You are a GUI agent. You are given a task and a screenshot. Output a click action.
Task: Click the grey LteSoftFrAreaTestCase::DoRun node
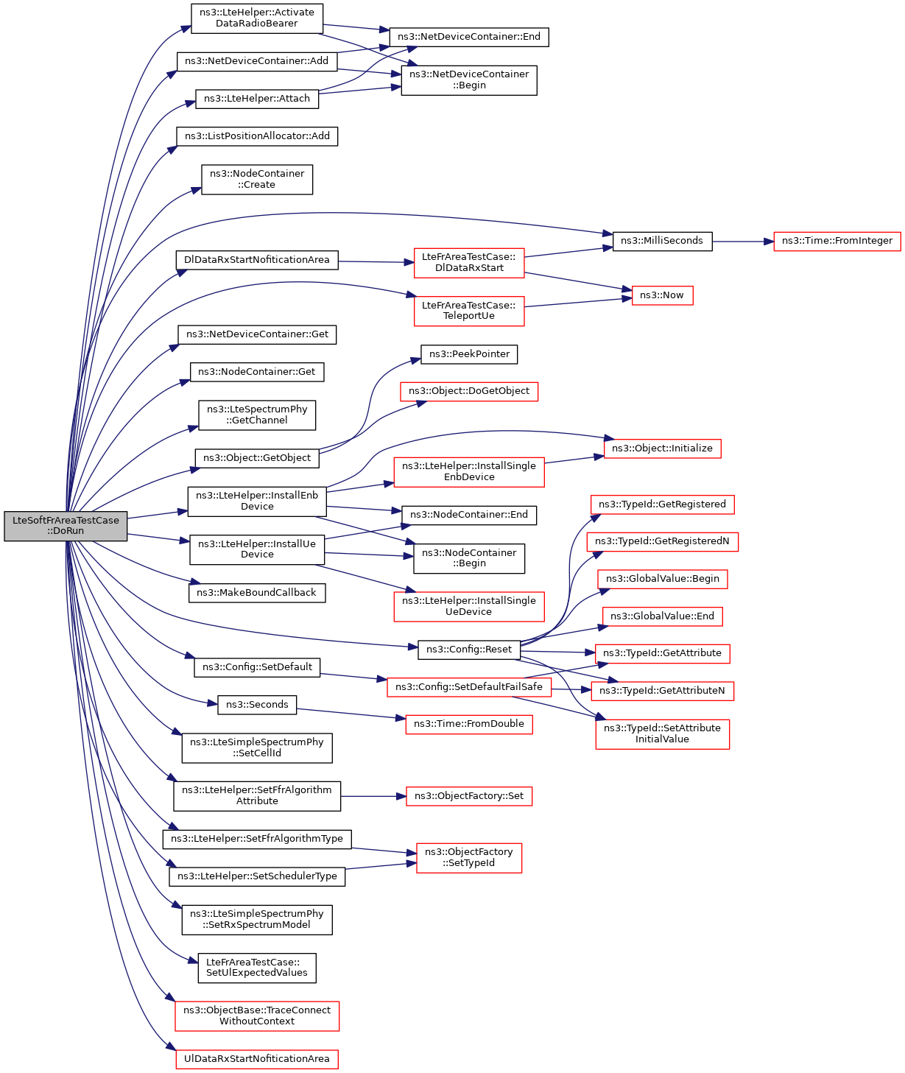(66, 526)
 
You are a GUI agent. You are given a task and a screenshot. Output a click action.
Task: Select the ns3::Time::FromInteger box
(837, 241)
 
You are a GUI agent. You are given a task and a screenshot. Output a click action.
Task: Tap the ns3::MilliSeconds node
(662, 241)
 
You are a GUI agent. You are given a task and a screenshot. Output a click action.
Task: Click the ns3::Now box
(662, 295)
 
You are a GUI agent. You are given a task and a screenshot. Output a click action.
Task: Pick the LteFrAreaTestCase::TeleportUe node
(469, 311)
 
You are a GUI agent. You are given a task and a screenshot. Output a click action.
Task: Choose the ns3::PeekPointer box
(469, 354)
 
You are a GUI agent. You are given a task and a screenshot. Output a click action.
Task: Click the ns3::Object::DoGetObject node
(469, 392)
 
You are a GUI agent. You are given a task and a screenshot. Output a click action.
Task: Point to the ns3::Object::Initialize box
(662, 448)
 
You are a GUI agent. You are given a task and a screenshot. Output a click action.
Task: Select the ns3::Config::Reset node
(469, 650)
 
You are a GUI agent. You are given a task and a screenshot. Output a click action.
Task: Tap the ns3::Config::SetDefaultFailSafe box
(469, 687)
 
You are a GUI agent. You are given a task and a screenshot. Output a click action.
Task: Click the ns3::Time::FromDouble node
(469, 724)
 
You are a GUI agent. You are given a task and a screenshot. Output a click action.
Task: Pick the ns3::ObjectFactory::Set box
(469, 796)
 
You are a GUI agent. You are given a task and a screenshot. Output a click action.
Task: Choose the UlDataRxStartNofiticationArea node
(257, 1059)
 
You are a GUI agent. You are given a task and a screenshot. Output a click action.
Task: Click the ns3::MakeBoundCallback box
(257, 593)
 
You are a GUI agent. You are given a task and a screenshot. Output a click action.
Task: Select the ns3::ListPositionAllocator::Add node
(257, 136)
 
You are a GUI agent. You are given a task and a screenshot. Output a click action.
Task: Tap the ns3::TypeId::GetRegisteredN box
(662, 541)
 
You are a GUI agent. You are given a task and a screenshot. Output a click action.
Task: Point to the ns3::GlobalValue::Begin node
(662, 579)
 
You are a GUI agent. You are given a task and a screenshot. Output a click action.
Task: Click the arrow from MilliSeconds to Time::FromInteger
(742, 241)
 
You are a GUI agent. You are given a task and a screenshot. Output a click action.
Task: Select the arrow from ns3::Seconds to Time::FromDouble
(351, 714)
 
